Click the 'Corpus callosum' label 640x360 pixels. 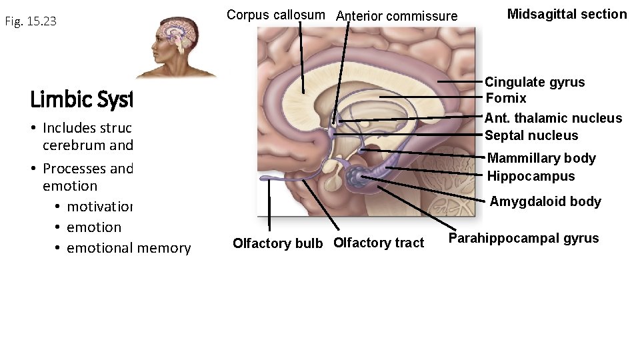[x=275, y=15]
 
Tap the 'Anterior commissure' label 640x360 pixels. [x=397, y=16]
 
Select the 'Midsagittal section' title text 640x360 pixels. [x=567, y=14]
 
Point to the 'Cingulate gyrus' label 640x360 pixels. [x=534, y=82]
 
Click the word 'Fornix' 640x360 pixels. [x=506, y=98]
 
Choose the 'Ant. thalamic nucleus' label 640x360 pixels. [x=553, y=118]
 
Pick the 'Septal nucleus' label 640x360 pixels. [x=531, y=135]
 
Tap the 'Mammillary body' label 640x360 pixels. [x=541, y=158]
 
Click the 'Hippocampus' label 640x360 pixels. [x=531, y=176]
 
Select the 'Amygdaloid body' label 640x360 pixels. [x=545, y=201]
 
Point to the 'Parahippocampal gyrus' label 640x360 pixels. [x=523, y=238]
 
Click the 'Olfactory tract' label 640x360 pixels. [x=378, y=243]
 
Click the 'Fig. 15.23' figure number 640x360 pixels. [x=31, y=21]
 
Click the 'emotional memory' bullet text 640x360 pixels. [x=128, y=248]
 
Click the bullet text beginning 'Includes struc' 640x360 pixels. [x=87, y=128]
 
